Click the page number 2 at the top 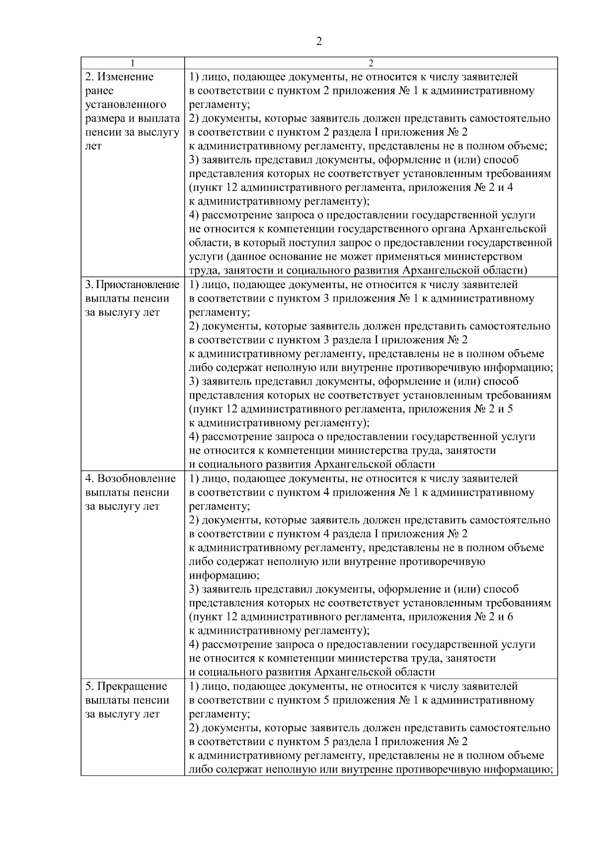tap(318, 41)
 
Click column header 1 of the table tap(132, 63)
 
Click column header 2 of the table tap(371, 63)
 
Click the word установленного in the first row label tap(126, 105)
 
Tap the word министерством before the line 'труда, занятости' tap(483, 257)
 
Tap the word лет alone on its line tap(93, 146)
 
